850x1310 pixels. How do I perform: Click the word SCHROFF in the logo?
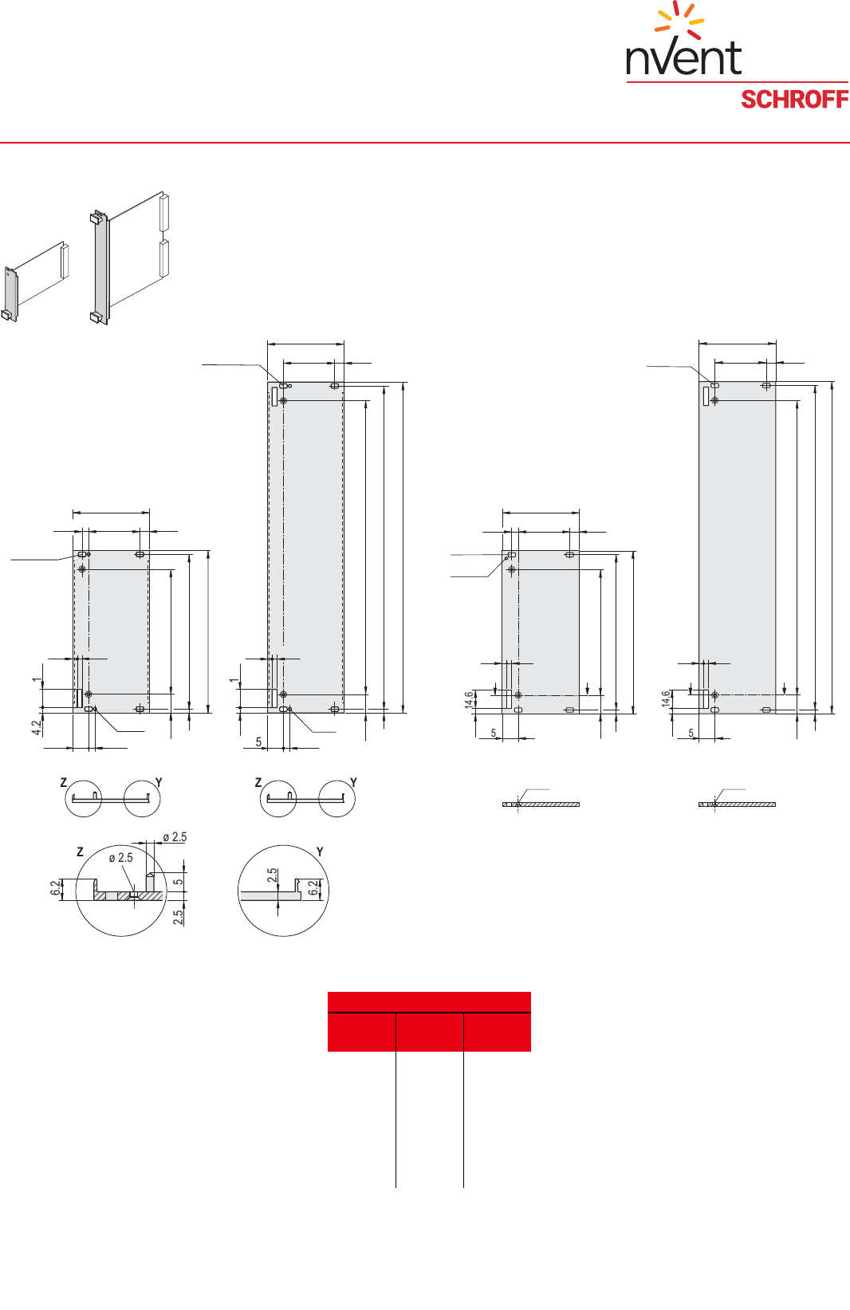point(794,100)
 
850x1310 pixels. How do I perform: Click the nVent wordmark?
point(683,58)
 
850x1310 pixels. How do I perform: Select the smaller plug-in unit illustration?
point(36,281)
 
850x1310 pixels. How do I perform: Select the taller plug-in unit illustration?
point(129,258)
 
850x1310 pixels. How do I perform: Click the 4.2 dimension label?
point(36,727)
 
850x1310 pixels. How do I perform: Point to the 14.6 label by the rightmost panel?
point(666,699)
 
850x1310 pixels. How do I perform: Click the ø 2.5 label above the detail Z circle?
point(175,837)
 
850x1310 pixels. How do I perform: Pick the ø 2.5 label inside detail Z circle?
point(121,858)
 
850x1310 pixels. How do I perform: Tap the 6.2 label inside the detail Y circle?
point(314,887)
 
